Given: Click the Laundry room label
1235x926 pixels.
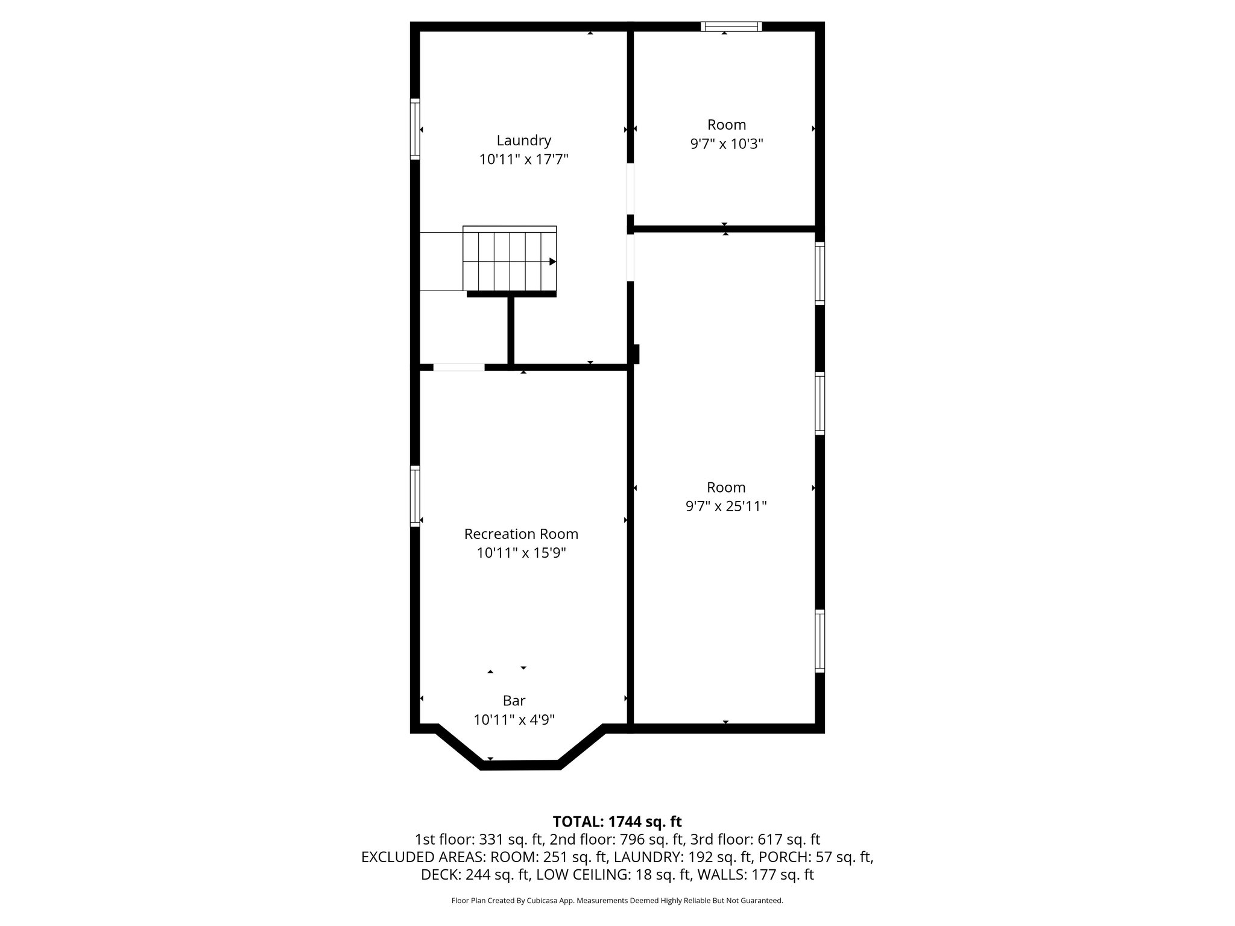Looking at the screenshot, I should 523,140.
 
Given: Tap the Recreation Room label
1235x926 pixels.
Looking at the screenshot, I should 521,534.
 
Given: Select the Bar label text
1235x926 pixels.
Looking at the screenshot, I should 514,701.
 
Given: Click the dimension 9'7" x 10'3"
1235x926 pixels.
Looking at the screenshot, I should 727,144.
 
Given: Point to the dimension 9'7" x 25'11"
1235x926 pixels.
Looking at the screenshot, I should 726,506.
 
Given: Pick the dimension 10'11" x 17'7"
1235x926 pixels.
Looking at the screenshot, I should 523,160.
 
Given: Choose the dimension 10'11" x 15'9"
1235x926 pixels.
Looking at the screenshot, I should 521,553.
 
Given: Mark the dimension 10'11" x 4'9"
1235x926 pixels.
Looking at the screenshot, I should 514,719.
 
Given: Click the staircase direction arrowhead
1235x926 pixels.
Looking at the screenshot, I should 552,262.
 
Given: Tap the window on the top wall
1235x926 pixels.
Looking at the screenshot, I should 731,27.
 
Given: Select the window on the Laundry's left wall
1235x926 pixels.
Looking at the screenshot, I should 415,129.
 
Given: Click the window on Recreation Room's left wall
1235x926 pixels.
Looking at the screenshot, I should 415,496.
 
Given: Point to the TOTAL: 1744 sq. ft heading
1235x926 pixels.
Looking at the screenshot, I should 617,822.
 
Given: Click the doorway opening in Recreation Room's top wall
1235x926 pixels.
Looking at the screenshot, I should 458,367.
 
